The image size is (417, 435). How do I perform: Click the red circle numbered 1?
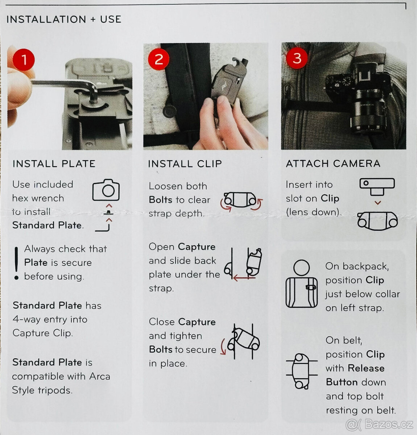click(x=24, y=59)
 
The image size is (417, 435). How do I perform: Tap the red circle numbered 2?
click(x=158, y=59)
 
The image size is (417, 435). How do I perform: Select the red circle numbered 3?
click(x=297, y=58)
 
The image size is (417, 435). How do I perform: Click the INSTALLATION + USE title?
click(x=64, y=19)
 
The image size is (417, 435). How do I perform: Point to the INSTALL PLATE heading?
click(x=54, y=163)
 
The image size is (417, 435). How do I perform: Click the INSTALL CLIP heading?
click(x=185, y=163)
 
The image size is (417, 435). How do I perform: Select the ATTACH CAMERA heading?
click(x=333, y=163)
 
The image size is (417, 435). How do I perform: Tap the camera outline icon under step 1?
click(x=106, y=190)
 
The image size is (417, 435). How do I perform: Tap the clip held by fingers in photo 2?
click(x=227, y=83)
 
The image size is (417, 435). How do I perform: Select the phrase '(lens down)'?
click(x=314, y=212)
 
